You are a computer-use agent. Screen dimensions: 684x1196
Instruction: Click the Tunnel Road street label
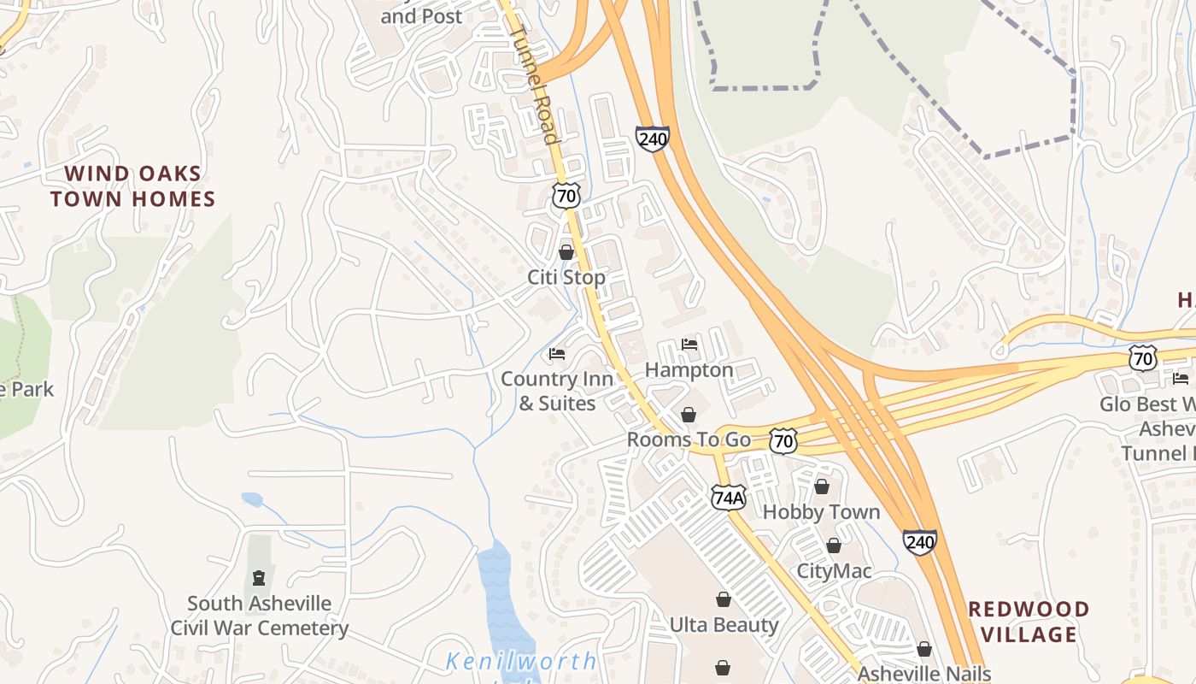click(x=534, y=84)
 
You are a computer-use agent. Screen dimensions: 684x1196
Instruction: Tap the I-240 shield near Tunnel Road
click(x=652, y=139)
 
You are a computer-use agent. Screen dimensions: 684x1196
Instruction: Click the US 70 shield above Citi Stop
click(x=566, y=195)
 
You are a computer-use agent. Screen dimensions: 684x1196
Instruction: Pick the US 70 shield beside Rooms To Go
click(x=783, y=441)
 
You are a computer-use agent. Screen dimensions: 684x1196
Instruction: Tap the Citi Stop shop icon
click(x=566, y=252)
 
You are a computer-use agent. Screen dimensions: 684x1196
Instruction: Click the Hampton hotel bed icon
click(x=689, y=345)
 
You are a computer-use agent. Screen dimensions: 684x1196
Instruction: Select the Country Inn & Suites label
click(x=557, y=391)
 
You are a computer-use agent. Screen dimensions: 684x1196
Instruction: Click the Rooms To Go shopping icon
click(x=689, y=415)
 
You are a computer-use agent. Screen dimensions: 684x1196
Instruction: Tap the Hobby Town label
click(x=821, y=512)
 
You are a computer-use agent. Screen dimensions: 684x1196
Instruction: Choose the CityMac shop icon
click(x=834, y=545)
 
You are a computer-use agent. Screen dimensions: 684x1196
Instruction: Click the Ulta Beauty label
click(x=724, y=625)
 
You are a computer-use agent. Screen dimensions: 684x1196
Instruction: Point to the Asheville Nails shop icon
click(x=923, y=650)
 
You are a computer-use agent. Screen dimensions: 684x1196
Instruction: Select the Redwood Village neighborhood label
click(x=1029, y=622)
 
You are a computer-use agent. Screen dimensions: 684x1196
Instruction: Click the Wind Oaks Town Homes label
click(x=132, y=186)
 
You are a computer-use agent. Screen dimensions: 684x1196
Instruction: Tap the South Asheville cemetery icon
click(x=258, y=579)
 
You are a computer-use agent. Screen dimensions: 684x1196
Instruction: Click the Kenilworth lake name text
click(x=521, y=661)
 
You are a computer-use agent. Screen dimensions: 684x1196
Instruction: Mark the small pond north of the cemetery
click(x=252, y=499)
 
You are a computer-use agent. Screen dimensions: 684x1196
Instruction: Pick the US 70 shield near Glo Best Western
click(x=1142, y=358)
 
